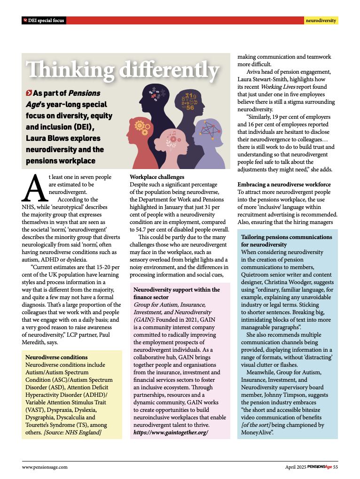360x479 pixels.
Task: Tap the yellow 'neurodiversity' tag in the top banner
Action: click(321, 21)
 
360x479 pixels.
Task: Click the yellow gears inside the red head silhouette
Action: click(141, 125)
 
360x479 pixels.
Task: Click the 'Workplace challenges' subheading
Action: click(157, 177)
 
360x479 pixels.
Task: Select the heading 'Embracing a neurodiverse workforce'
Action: click(284, 185)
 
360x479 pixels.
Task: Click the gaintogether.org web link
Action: click(171, 432)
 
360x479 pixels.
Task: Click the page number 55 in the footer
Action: click(336, 467)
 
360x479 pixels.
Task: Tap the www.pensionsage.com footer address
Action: click(45, 467)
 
